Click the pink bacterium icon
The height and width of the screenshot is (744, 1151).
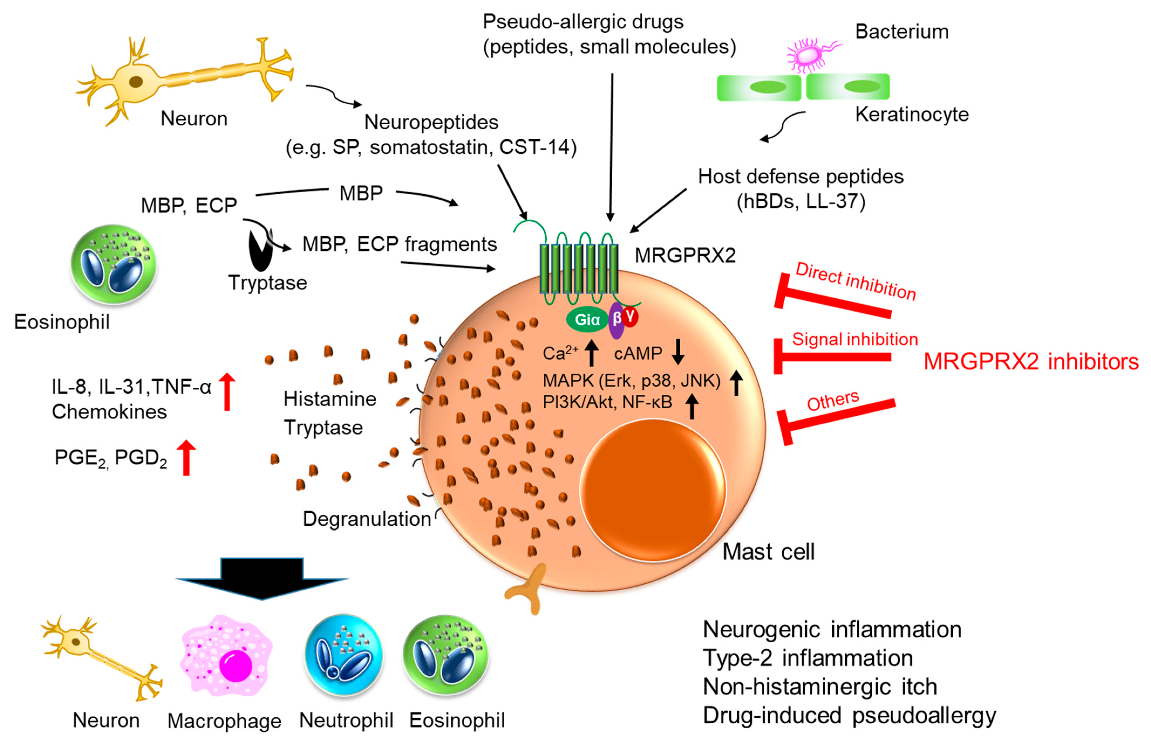806,55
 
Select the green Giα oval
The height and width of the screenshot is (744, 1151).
586,319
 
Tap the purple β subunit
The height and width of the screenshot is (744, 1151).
616,320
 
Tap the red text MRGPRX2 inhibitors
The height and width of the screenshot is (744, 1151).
1031,361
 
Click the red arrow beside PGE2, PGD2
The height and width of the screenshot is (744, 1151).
186,457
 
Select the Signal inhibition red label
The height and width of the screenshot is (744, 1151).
854,339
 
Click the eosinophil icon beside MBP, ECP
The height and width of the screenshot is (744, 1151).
114,265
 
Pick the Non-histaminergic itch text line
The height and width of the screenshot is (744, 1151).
819,687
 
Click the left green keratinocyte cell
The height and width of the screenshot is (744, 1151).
758,87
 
